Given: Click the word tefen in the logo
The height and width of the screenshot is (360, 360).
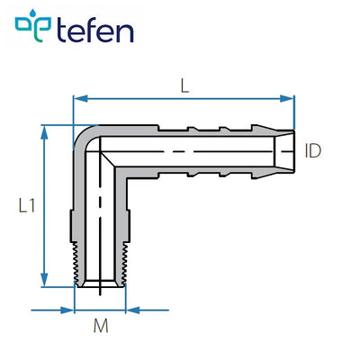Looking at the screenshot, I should [95, 31].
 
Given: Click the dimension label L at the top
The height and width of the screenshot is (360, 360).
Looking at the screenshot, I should [184, 86].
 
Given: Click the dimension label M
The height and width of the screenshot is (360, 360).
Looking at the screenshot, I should [100, 328].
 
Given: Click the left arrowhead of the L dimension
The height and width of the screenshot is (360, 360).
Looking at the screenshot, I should [77, 97].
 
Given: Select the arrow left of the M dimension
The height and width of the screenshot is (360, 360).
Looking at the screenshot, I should [67, 310].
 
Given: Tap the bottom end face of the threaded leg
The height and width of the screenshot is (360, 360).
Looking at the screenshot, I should [100, 289].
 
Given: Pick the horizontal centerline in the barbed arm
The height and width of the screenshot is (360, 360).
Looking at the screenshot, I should [198, 150].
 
